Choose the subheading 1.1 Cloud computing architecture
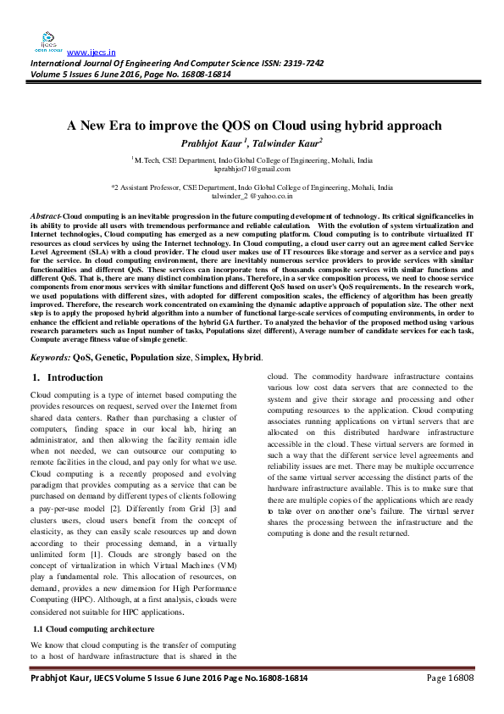point(93,630)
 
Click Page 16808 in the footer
point(449,703)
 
